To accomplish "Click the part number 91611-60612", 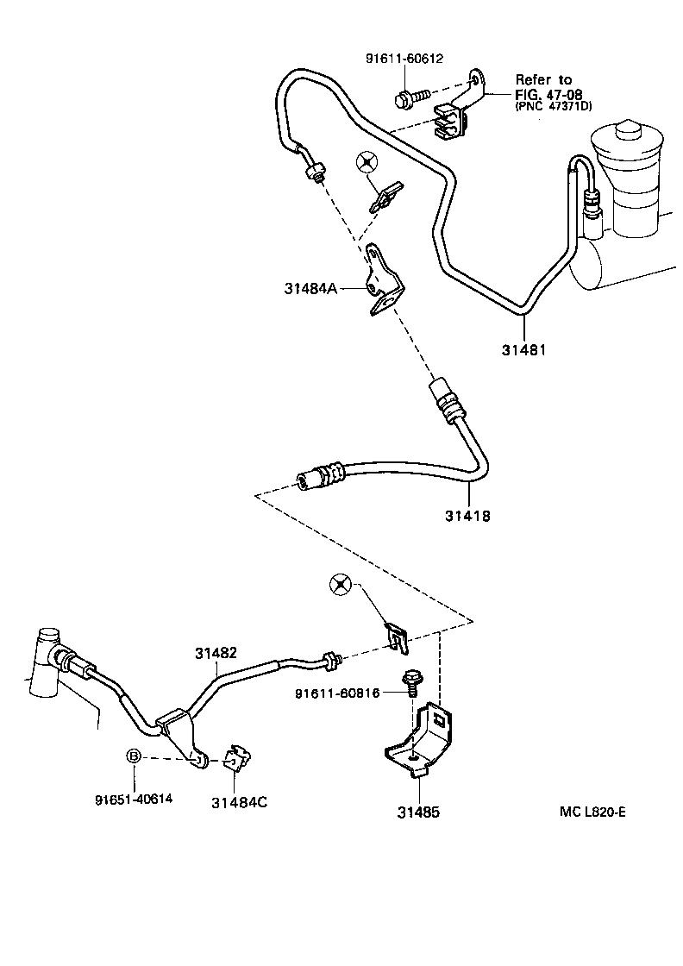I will pyautogui.click(x=404, y=59).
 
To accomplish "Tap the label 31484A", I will pyautogui.click(x=311, y=289).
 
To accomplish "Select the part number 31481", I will pyautogui.click(x=523, y=350).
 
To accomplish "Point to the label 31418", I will pyautogui.click(x=468, y=516).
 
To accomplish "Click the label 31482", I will pyautogui.click(x=215, y=653).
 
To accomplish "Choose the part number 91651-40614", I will pyautogui.click(x=134, y=799).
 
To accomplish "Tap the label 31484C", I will pyautogui.click(x=239, y=801).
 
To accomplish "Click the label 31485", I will pyautogui.click(x=418, y=812).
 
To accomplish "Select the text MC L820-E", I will pyautogui.click(x=592, y=812).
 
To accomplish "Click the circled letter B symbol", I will pyautogui.click(x=135, y=756).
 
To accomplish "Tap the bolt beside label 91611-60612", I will pyautogui.click(x=410, y=97).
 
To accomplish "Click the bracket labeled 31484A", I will pyautogui.click(x=382, y=280).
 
